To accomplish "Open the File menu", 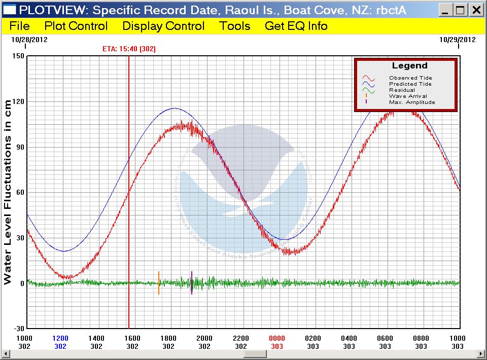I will tap(19, 26).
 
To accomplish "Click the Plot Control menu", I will tap(76, 26).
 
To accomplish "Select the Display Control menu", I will tap(163, 26).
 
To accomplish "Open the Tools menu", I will tap(235, 26).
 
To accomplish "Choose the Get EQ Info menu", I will tap(296, 26).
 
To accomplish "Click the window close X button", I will tap(476, 10).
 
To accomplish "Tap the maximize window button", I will tap(460, 10).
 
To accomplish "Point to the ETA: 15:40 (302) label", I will tap(129, 49).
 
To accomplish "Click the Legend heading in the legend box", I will tap(410, 66).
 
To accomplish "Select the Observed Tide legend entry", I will tap(410, 78).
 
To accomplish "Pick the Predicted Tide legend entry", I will tap(410, 84).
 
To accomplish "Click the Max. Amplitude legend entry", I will tap(412, 102).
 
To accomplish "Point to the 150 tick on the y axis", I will tap(18, 56).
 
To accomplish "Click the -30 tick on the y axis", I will tap(18, 329).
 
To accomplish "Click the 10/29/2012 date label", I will tap(458, 40).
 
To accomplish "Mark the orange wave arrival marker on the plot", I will tap(159, 283).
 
